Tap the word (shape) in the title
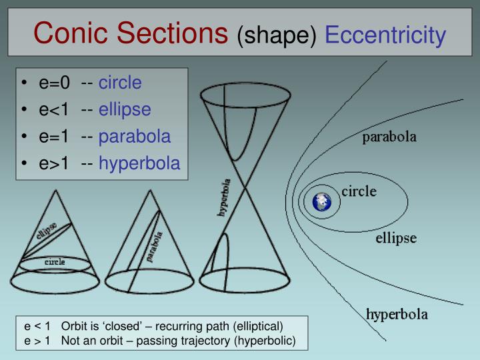[276, 35]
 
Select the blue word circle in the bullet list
[120, 83]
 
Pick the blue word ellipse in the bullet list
[125, 109]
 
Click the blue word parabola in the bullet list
[135, 136]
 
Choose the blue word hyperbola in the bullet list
[139, 163]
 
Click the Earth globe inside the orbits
[323, 202]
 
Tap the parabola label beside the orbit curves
[389, 138]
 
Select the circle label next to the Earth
[359, 192]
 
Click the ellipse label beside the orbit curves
[396, 238]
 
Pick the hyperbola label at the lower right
[397, 313]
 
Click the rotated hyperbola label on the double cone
[224, 197]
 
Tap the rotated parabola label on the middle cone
[155, 247]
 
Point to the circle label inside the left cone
[55, 262]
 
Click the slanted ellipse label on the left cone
[46, 231]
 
